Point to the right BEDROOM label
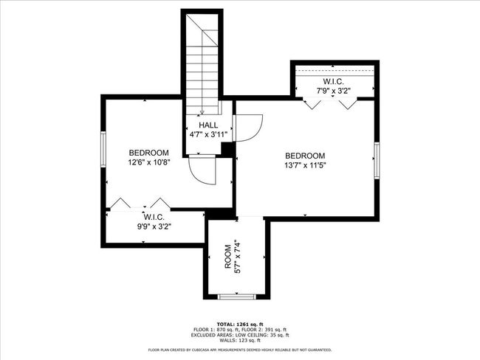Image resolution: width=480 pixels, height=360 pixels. pos(305,156)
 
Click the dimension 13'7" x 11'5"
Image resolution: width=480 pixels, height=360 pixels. pos(305,165)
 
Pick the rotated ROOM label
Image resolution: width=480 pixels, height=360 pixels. pos(227,262)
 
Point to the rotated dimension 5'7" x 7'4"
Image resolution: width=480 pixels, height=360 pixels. pos(237,257)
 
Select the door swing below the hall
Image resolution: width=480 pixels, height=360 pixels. pos(202,172)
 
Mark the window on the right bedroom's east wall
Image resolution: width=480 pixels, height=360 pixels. pos(377,161)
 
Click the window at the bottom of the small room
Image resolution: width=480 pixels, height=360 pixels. pos(238,297)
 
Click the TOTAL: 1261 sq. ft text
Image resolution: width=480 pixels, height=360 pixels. pos(239,324)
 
